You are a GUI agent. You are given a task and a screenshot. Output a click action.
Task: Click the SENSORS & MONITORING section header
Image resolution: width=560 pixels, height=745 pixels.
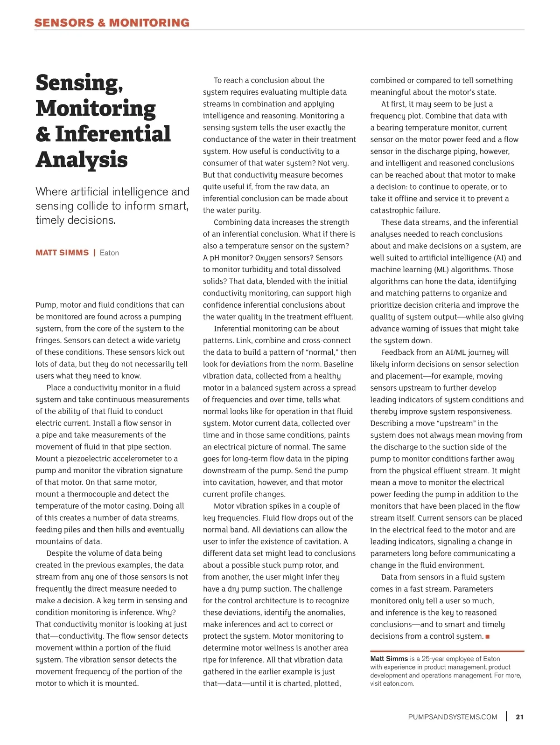coord(112,22)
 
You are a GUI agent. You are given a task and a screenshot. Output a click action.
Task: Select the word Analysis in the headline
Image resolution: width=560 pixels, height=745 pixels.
coord(82,159)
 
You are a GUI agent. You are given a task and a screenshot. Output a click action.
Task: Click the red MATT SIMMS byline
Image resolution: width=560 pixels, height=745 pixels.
coord(62,253)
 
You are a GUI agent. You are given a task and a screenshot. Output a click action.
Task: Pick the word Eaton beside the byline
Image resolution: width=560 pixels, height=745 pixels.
coord(109,253)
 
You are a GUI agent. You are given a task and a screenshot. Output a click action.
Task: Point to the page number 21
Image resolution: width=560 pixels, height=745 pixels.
coord(519,717)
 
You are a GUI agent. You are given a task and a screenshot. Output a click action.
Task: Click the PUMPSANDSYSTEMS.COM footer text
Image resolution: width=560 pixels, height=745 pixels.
coord(452,717)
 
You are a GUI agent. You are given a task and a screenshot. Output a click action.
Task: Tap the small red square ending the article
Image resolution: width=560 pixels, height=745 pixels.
coord(488,637)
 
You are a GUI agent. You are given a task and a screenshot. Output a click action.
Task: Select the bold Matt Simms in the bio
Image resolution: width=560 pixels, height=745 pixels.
coord(389,659)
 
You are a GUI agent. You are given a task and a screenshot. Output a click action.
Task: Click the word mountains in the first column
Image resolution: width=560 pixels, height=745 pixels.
coord(53,542)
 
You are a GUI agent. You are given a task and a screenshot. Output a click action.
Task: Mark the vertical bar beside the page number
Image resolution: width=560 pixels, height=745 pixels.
coord(507,717)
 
